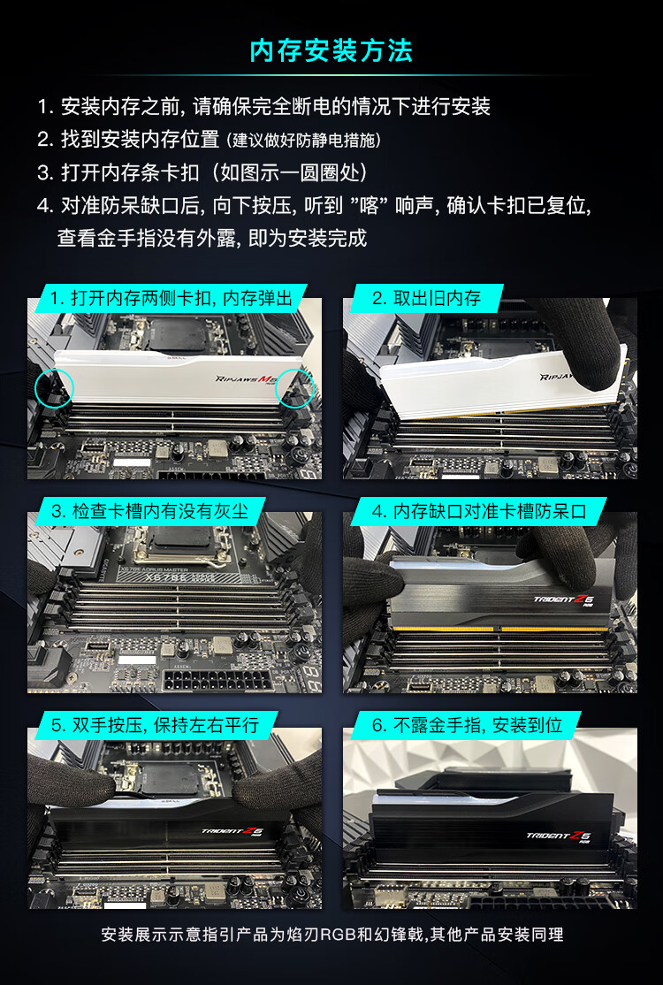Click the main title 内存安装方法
[x=331, y=51]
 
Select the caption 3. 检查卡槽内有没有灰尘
[x=150, y=511]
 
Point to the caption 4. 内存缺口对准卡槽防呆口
[x=479, y=511]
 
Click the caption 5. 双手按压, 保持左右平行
[x=155, y=726]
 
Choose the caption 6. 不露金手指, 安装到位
[x=467, y=726]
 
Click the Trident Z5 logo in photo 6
[x=558, y=836]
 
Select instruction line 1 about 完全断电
[x=263, y=106]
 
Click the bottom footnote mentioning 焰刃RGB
[x=332, y=935]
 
